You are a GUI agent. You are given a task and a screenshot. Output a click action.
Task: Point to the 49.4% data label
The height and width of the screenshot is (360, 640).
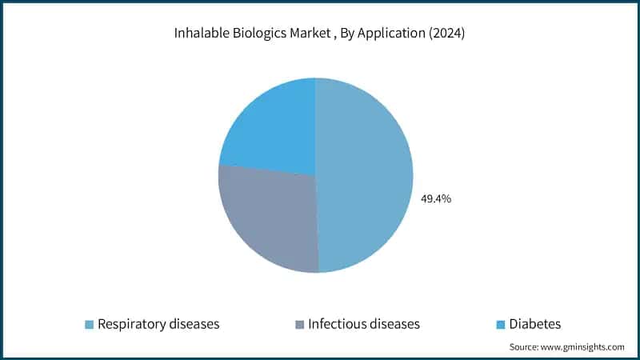pyautogui.click(x=436, y=198)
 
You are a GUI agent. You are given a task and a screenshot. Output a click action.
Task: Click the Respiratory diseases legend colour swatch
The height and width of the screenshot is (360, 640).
pyautogui.click(x=90, y=325)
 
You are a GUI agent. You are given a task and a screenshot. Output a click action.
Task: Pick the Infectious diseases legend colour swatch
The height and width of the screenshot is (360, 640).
pyautogui.click(x=300, y=325)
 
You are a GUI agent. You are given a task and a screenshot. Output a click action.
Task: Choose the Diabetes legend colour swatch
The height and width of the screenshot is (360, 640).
pyautogui.click(x=501, y=325)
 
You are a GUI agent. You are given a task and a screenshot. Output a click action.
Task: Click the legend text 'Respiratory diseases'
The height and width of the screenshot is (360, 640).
pyautogui.click(x=158, y=324)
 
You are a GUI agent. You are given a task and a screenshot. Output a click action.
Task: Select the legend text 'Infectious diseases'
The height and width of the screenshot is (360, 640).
pyautogui.click(x=364, y=324)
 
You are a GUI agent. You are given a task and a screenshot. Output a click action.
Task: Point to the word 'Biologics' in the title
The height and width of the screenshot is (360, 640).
pyautogui.click(x=255, y=34)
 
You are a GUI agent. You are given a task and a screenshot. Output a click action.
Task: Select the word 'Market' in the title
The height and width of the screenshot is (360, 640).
pyautogui.click(x=303, y=34)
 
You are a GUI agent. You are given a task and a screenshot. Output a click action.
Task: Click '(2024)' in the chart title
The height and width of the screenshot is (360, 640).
pyautogui.click(x=446, y=34)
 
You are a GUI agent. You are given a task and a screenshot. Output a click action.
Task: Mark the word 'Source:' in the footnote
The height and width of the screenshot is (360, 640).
pyautogui.click(x=526, y=347)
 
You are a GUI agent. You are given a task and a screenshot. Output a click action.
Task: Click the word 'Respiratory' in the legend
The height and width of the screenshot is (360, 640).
pyautogui.click(x=130, y=324)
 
